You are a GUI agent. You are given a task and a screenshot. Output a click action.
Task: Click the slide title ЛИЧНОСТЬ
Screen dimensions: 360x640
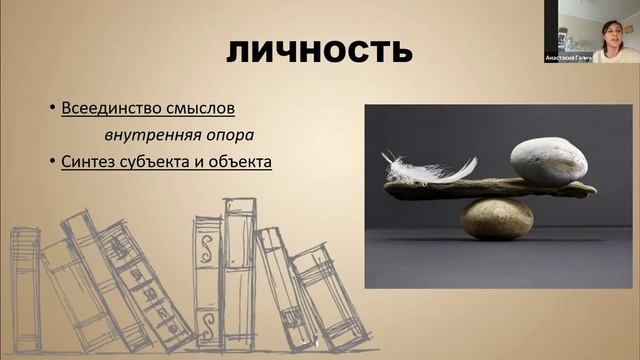pos(319,50)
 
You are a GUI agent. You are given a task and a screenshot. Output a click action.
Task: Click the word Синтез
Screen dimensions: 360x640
pos(87,160)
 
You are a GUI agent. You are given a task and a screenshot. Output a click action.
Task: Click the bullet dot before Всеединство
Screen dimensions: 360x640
pos(52,106)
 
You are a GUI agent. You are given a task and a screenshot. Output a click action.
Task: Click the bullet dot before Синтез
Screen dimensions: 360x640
pos(52,160)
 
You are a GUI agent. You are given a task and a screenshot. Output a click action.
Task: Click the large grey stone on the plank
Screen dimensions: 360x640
pos(547,160)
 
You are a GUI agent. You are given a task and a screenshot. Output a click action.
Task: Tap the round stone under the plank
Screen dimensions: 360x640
pos(497,218)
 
